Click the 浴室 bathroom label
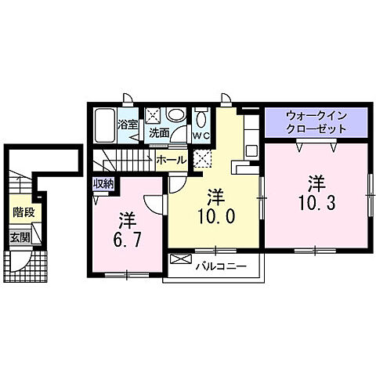tap(126, 124)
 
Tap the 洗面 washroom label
tap(160, 133)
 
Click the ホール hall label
tap(171, 160)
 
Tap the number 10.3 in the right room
tap(315, 204)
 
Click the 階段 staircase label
tap(22, 211)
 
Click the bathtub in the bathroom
tap(105, 121)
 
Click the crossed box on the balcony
tap(181, 259)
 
